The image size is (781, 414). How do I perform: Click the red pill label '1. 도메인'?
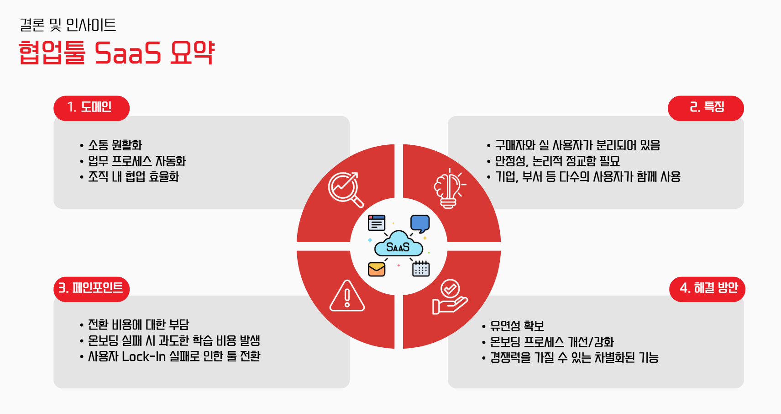(91, 108)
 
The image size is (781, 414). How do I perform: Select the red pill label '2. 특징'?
(706, 108)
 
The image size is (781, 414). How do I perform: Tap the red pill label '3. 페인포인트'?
(91, 288)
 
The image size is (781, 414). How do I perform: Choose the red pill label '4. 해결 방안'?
(707, 288)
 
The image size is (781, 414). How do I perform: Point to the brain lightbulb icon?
(449, 188)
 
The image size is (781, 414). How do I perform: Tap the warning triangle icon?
(347, 296)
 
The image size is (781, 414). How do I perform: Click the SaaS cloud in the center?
(398, 244)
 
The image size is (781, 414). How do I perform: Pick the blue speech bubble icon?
(419, 223)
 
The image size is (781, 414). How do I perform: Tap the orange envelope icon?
(377, 269)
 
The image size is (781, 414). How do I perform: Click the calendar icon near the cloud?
(420, 269)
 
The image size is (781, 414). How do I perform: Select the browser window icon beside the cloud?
(377, 223)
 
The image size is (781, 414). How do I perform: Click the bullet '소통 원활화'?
(115, 145)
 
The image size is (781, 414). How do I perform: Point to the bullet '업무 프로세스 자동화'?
(136, 161)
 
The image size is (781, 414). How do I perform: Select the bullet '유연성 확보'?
(517, 326)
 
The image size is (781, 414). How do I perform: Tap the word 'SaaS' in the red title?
(128, 53)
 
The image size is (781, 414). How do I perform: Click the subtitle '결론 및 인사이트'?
(68, 25)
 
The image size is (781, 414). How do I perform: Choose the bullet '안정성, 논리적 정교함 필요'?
(557, 161)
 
